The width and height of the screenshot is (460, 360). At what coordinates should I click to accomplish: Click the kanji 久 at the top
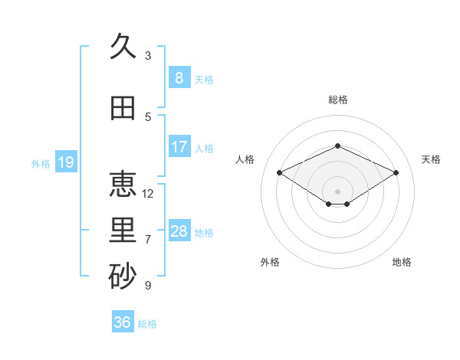pyautogui.click(x=123, y=46)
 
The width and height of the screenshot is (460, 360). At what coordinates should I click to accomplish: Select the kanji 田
pyautogui.click(x=123, y=108)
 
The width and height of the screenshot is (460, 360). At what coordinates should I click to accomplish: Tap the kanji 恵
pyautogui.click(x=123, y=184)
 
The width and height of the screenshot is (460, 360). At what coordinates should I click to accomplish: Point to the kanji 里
pyautogui.click(x=123, y=230)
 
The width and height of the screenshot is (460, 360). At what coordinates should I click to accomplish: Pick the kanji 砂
pyautogui.click(x=123, y=276)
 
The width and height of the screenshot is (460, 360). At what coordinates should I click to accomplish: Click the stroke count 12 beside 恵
pyautogui.click(x=147, y=194)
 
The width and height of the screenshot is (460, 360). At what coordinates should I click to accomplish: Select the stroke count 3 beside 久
pyautogui.click(x=148, y=56)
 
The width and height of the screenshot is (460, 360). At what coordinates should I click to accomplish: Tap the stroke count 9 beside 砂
pyautogui.click(x=148, y=285)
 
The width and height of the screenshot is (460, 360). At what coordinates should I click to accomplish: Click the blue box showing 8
pyautogui.click(x=179, y=77)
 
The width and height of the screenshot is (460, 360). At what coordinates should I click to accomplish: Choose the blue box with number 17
pyautogui.click(x=179, y=146)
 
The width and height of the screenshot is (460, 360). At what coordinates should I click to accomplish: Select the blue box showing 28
pyautogui.click(x=179, y=230)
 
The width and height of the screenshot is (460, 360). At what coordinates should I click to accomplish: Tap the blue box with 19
pyautogui.click(x=66, y=162)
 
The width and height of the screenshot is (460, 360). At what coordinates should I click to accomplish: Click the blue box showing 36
pyautogui.click(x=123, y=321)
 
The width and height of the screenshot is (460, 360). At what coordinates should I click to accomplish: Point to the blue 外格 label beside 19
pyautogui.click(x=41, y=164)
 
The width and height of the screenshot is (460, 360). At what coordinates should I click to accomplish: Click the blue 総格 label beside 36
pyautogui.click(x=147, y=324)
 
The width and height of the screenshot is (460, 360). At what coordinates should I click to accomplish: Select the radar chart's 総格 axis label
pyautogui.click(x=338, y=100)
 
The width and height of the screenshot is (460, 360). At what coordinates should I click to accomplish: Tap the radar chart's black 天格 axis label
pyautogui.click(x=431, y=159)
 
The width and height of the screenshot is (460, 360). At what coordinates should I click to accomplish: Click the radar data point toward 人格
pyautogui.click(x=280, y=172)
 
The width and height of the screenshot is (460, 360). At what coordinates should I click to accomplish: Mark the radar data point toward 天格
pyautogui.click(x=396, y=172)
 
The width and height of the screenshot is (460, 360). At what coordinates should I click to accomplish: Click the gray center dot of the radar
pyautogui.click(x=337, y=191)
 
